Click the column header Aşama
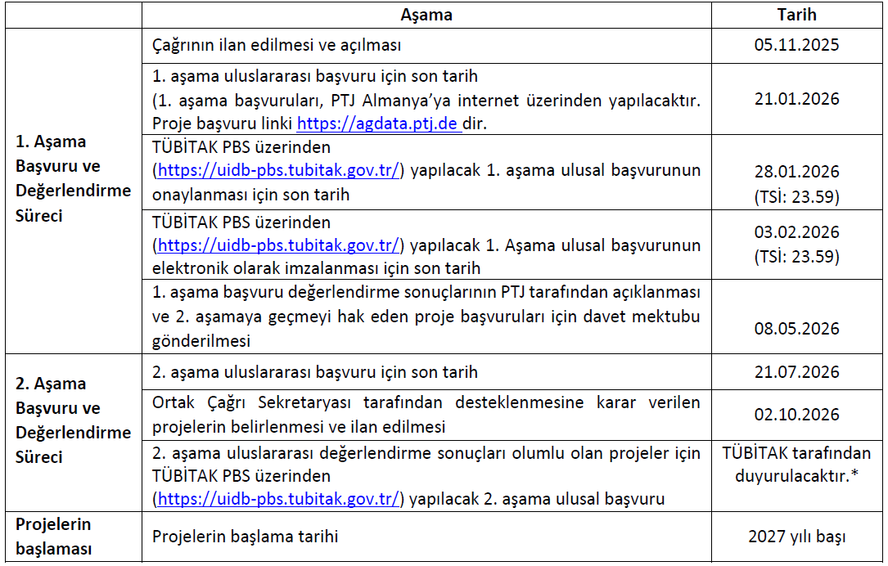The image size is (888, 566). pos(426,15)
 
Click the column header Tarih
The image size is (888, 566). pos(796,15)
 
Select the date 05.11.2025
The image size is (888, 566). pos(796,46)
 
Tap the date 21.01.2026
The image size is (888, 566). pos(796,99)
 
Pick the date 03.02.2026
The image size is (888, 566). pos(796,232)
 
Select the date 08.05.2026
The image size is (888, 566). pos(796,328)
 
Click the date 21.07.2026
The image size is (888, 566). pos(796,372)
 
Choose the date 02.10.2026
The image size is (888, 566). pos(796,415)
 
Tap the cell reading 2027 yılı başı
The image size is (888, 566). pos(796,537)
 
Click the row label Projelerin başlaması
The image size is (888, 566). pos(53,537)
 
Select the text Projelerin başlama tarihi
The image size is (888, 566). pos(246,537)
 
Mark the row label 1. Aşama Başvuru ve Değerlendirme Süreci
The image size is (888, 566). pos(73,178)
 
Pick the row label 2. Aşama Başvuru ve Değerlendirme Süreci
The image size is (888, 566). pos(73,420)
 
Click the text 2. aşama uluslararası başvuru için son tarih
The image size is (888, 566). pos(315,372)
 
